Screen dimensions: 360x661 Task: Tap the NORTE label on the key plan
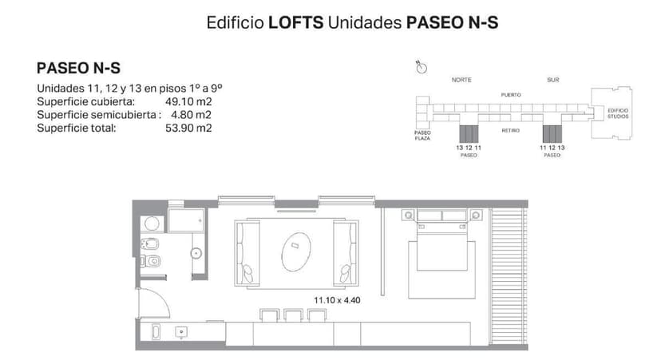(x=461, y=81)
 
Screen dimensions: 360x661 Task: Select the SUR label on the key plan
(x=553, y=81)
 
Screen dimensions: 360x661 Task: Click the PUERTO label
(x=511, y=95)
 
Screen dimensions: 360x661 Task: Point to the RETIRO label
(x=511, y=130)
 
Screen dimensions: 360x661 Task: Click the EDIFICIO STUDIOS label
(x=618, y=113)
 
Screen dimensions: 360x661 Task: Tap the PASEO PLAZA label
(x=422, y=135)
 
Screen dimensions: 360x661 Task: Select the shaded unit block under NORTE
(x=469, y=133)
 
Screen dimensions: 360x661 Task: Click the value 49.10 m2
(x=188, y=102)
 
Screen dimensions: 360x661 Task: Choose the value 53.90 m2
(x=188, y=128)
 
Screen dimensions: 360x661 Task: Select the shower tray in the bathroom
(x=187, y=221)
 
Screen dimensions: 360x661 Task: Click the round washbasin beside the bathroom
(x=195, y=254)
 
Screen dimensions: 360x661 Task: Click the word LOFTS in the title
(x=295, y=23)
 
